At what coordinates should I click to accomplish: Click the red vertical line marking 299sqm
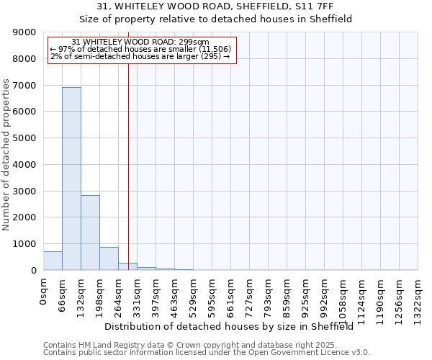[x=128, y=158]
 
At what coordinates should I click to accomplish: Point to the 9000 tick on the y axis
[x=27, y=32]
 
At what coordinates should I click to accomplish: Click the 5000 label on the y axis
[x=27, y=138]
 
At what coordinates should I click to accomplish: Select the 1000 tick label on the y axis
[x=27, y=244]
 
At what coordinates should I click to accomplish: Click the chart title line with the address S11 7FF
[x=215, y=6]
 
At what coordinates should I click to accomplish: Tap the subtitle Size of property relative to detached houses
[x=215, y=19]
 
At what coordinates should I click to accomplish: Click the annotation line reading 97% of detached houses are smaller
[x=140, y=49]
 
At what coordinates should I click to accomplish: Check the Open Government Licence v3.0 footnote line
[x=207, y=353]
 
